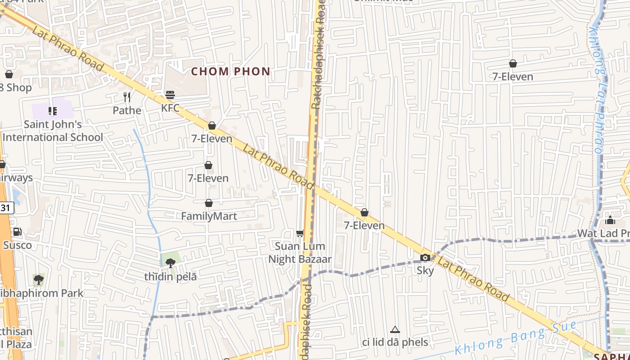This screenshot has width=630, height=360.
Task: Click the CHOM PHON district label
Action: point(231,71)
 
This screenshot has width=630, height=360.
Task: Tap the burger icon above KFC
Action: point(170,95)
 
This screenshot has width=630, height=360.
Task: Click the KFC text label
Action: point(170,108)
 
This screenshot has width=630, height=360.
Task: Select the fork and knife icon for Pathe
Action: point(127,97)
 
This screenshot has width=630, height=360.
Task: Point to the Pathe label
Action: point(127,110)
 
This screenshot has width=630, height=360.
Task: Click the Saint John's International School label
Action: point(53,130)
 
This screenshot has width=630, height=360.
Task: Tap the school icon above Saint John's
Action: point(53,111)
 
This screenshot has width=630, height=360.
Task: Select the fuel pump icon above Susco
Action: point(17,232)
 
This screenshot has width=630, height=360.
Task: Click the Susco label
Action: point(18,245)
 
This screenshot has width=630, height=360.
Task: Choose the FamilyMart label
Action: point(209,216)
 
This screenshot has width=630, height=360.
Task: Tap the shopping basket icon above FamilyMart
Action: point(209,203)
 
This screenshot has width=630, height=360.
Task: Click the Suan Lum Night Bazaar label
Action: point(300,252)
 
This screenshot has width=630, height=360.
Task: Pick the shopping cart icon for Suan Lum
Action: point(300,233)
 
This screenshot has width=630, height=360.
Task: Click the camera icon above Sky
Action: point(425,258)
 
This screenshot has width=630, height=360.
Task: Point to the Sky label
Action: point(425,270)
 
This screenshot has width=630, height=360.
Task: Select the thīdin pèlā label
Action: point(171,277)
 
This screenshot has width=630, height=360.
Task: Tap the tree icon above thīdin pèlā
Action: point(171,263)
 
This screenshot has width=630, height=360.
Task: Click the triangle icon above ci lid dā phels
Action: point(395,330)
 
